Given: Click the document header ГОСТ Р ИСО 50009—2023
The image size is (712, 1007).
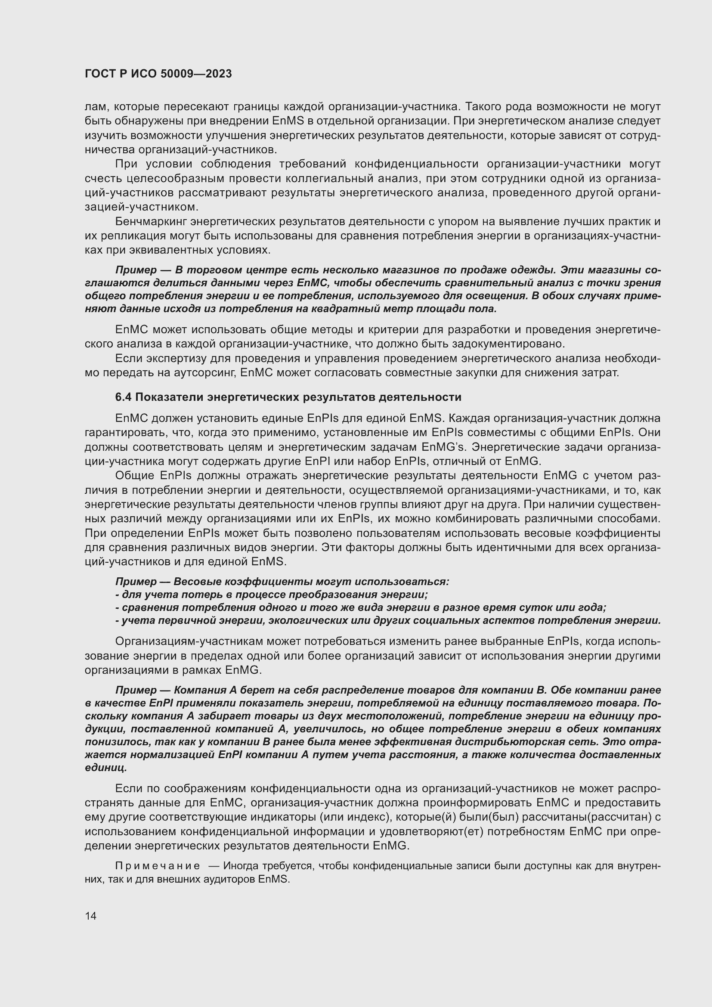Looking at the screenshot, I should (158, 74).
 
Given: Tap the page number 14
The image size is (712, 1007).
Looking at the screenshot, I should (91, 916).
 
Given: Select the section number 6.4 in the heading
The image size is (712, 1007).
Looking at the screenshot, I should (123, 397).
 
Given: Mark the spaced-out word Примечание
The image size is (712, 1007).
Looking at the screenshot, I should (158, 866).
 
